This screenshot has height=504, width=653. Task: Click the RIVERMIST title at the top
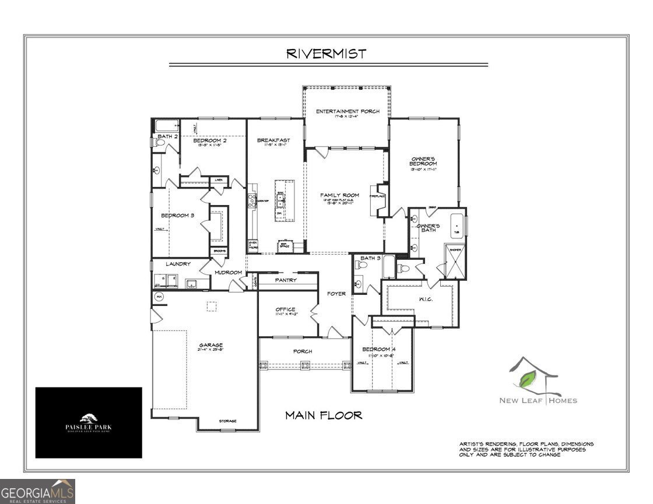click(x=326, y=54)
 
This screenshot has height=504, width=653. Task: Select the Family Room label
click(x=339, y=195)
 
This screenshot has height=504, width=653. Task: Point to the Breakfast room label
click(x=273, y=140)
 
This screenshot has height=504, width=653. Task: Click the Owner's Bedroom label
click(x=424, y=161)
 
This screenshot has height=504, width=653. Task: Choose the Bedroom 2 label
click(x=209, y=140)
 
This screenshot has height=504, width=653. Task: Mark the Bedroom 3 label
click(x=177, y=216)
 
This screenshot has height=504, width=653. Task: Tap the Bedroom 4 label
click(x=380, y=349)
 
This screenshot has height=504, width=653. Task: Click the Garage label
click(x=210, y=345)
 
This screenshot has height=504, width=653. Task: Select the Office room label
click(x=285, y=309)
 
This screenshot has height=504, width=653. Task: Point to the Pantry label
click(x=286, y=280)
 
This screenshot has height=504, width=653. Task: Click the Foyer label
click(x=336, y=294)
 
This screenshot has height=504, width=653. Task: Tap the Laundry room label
click(x=178, y=264)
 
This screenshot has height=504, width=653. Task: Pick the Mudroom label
click(x=228, y=272)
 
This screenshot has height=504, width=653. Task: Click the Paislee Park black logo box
click(x=89, y=422)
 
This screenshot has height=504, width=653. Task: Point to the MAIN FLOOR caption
click(x=323, y=415)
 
